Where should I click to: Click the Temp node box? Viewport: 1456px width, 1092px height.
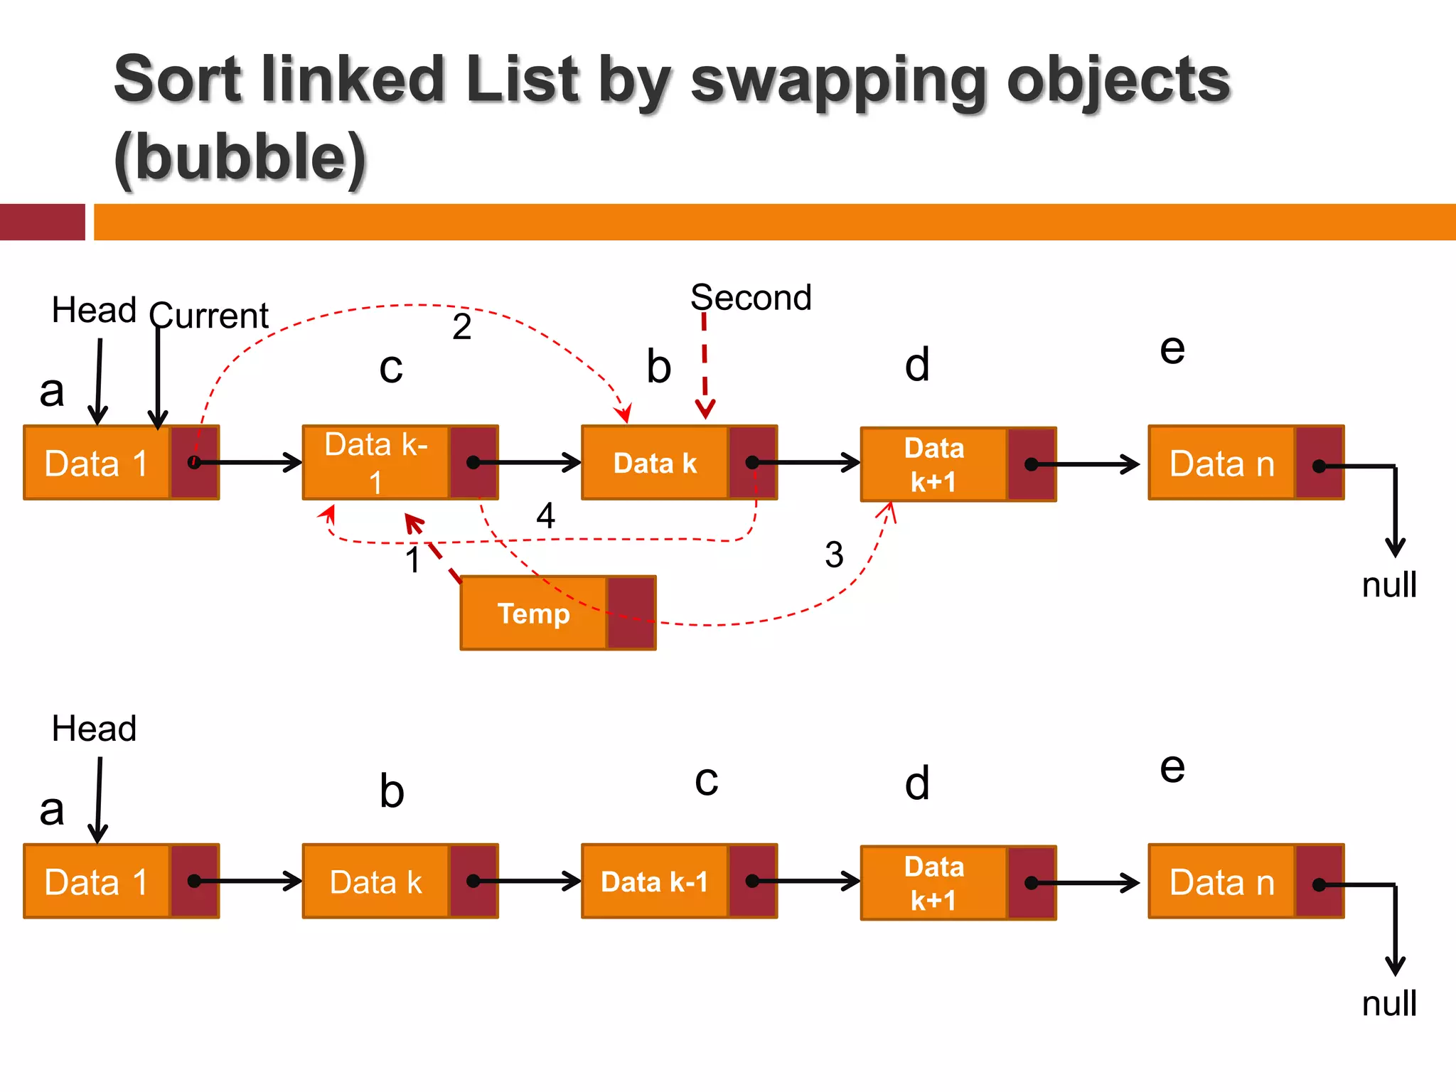point(557,613)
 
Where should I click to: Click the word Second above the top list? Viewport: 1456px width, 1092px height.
point(751,297)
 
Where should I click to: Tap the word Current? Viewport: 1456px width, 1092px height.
point(209,315)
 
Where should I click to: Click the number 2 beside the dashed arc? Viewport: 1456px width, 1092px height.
point(462,327)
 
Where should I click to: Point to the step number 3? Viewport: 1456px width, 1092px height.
point(834,555)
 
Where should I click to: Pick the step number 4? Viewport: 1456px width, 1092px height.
point(545,515)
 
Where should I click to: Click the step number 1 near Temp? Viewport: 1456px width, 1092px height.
point(413,560)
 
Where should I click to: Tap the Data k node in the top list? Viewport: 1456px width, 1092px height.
point(678,463)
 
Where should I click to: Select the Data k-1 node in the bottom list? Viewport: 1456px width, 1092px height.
point(678,882)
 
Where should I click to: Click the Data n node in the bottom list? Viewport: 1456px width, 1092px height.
point(1246,882)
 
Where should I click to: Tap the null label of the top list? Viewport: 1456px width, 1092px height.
point(1389,585)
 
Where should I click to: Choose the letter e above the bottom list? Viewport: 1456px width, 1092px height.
point(1172,768)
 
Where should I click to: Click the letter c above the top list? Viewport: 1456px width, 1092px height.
point(391,368)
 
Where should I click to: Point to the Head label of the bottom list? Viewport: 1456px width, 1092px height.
point(94,729)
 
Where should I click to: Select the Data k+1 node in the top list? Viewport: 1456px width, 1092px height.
point(958,465)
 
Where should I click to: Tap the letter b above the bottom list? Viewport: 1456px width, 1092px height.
point(392,791)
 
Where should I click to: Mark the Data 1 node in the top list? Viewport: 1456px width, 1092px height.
point(121,463)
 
